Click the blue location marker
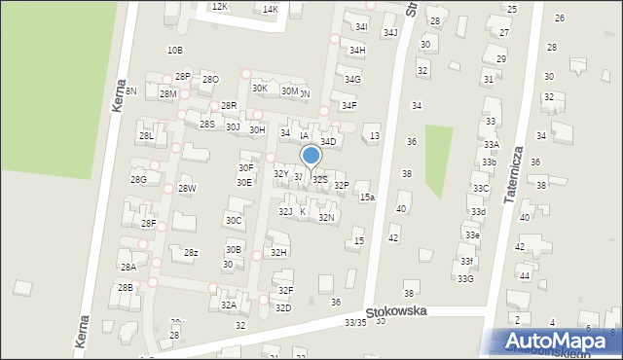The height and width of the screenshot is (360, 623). pyautogui.click(x=311, y=157)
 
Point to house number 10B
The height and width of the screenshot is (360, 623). pyautogui.click(x=174, y=50)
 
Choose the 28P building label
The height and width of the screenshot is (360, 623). pyautogui.click(x=182, y=76)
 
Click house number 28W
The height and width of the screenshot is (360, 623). pyautogui.click(x=187, y=189)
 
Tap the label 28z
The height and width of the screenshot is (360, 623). pyautogui.click(x=192, y=253)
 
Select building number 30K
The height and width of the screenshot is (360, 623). pyautogui.click(x=259, y=89)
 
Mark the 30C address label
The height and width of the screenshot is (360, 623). pyautogui.click(x=234, y=221)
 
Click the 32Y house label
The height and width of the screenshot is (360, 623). pyautogui.click(x=280, y=174)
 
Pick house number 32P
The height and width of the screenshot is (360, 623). pyautogui.click(x=341, y=185)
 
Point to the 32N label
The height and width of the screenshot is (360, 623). pyautogui.click(x=326, y=218)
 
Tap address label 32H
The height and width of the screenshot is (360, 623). pyautogui.click(x=279, y=253)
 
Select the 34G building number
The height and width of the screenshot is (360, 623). pyautogui.click(x=352, y=80)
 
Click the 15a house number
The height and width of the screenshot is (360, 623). pyautogui.click(x=367, y=198)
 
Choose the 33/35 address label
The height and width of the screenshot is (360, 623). pyautogui.click(x=355, y=323)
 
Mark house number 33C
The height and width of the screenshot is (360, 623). pyautogui.click(x=480, y=189)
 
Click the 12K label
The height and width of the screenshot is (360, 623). pyautogui.click(x=220, y=7)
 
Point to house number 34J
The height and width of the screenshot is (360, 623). pyautogui.click(x=390, y=33)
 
